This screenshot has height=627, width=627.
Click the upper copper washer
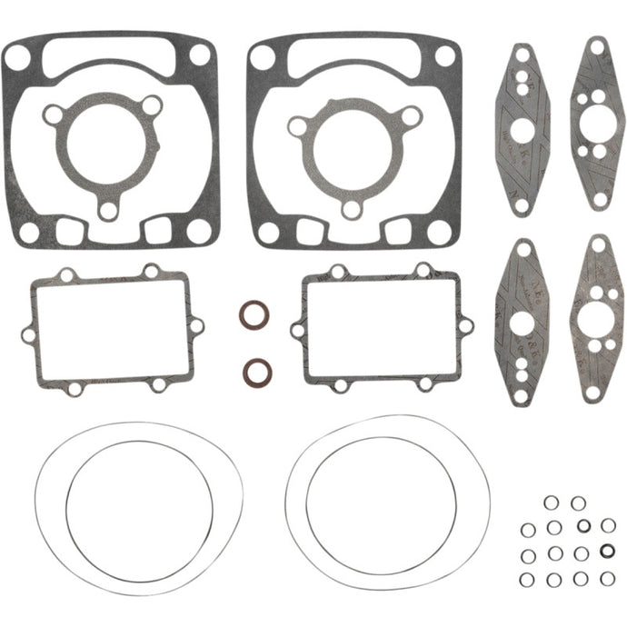pyautogui.click(x=254, y=316)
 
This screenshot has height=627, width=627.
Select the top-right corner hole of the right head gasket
pyautogui.click(x=445, y=56)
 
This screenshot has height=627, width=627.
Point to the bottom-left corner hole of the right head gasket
pyautogui.click(x=268, y=233)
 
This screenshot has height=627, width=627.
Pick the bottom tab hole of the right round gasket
pyautogui.click(x=352, y=210)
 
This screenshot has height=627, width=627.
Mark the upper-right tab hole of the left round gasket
pyautogui.click(x=152, y=105)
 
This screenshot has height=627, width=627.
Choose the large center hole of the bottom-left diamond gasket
pyautogui.click(x=521, y=323)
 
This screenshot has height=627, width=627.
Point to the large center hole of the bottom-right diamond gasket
pyautogui.click(x=595, y=317)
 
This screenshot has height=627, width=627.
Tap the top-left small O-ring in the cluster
pyautogui.click(x=551, y=503)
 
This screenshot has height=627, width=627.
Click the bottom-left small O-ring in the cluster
pyautogui.click(x=527, y=579)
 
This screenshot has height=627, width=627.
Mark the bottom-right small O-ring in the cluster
pyautogui.click(x=607, y=578)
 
